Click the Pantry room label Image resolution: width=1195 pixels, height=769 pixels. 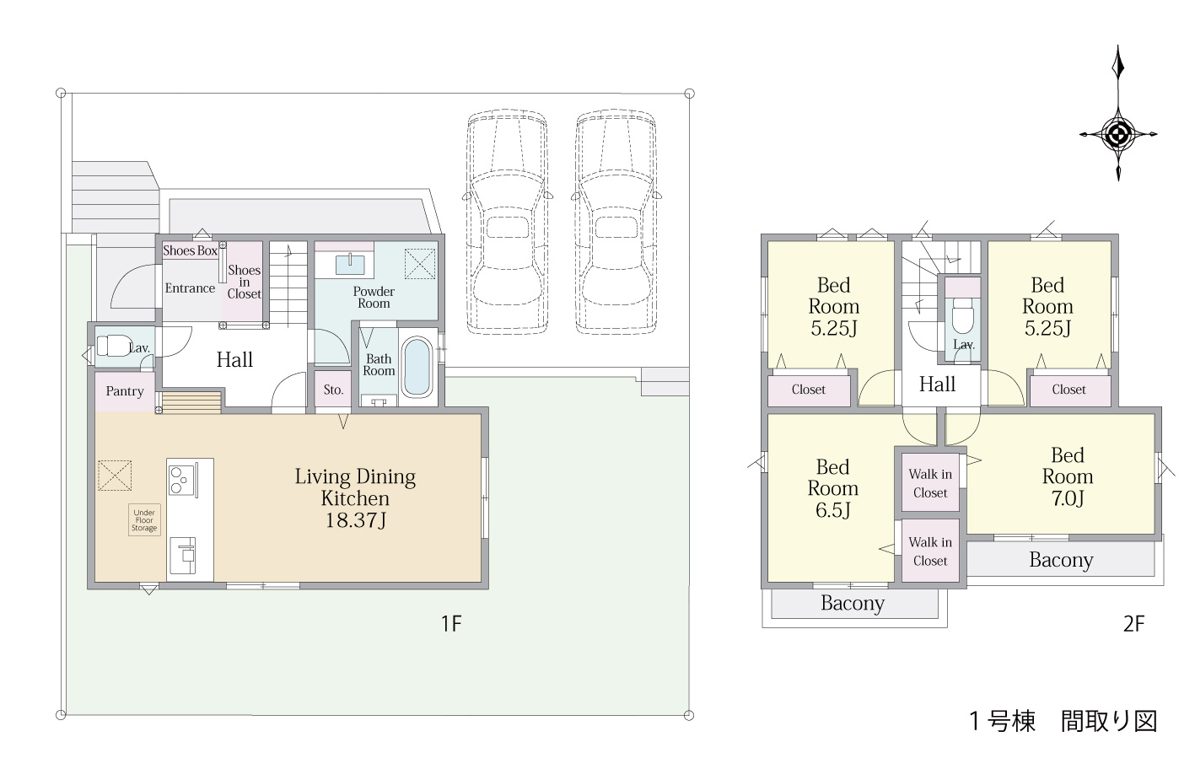125,391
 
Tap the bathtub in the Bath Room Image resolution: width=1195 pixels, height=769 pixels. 417,367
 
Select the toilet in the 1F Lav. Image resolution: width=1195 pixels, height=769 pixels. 115,346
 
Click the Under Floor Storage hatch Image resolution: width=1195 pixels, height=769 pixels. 144,520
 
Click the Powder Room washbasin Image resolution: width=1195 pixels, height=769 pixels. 350,265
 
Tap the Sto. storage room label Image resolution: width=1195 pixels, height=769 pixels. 333,390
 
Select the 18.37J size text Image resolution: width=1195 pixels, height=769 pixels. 356,520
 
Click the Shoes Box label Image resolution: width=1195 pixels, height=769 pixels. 190,250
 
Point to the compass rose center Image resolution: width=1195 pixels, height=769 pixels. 1118,134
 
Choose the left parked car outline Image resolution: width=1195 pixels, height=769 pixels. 508,223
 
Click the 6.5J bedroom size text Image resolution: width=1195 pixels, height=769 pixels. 832,510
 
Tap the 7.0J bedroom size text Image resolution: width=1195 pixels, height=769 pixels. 1068,498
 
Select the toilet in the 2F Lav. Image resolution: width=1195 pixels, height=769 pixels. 963,315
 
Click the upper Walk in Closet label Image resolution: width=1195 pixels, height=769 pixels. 930,483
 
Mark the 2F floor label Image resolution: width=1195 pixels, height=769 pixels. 1133,623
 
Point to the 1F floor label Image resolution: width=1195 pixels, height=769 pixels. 451,623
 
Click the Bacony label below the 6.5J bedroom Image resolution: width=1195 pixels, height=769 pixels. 853,603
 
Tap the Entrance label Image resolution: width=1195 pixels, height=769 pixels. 190,288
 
